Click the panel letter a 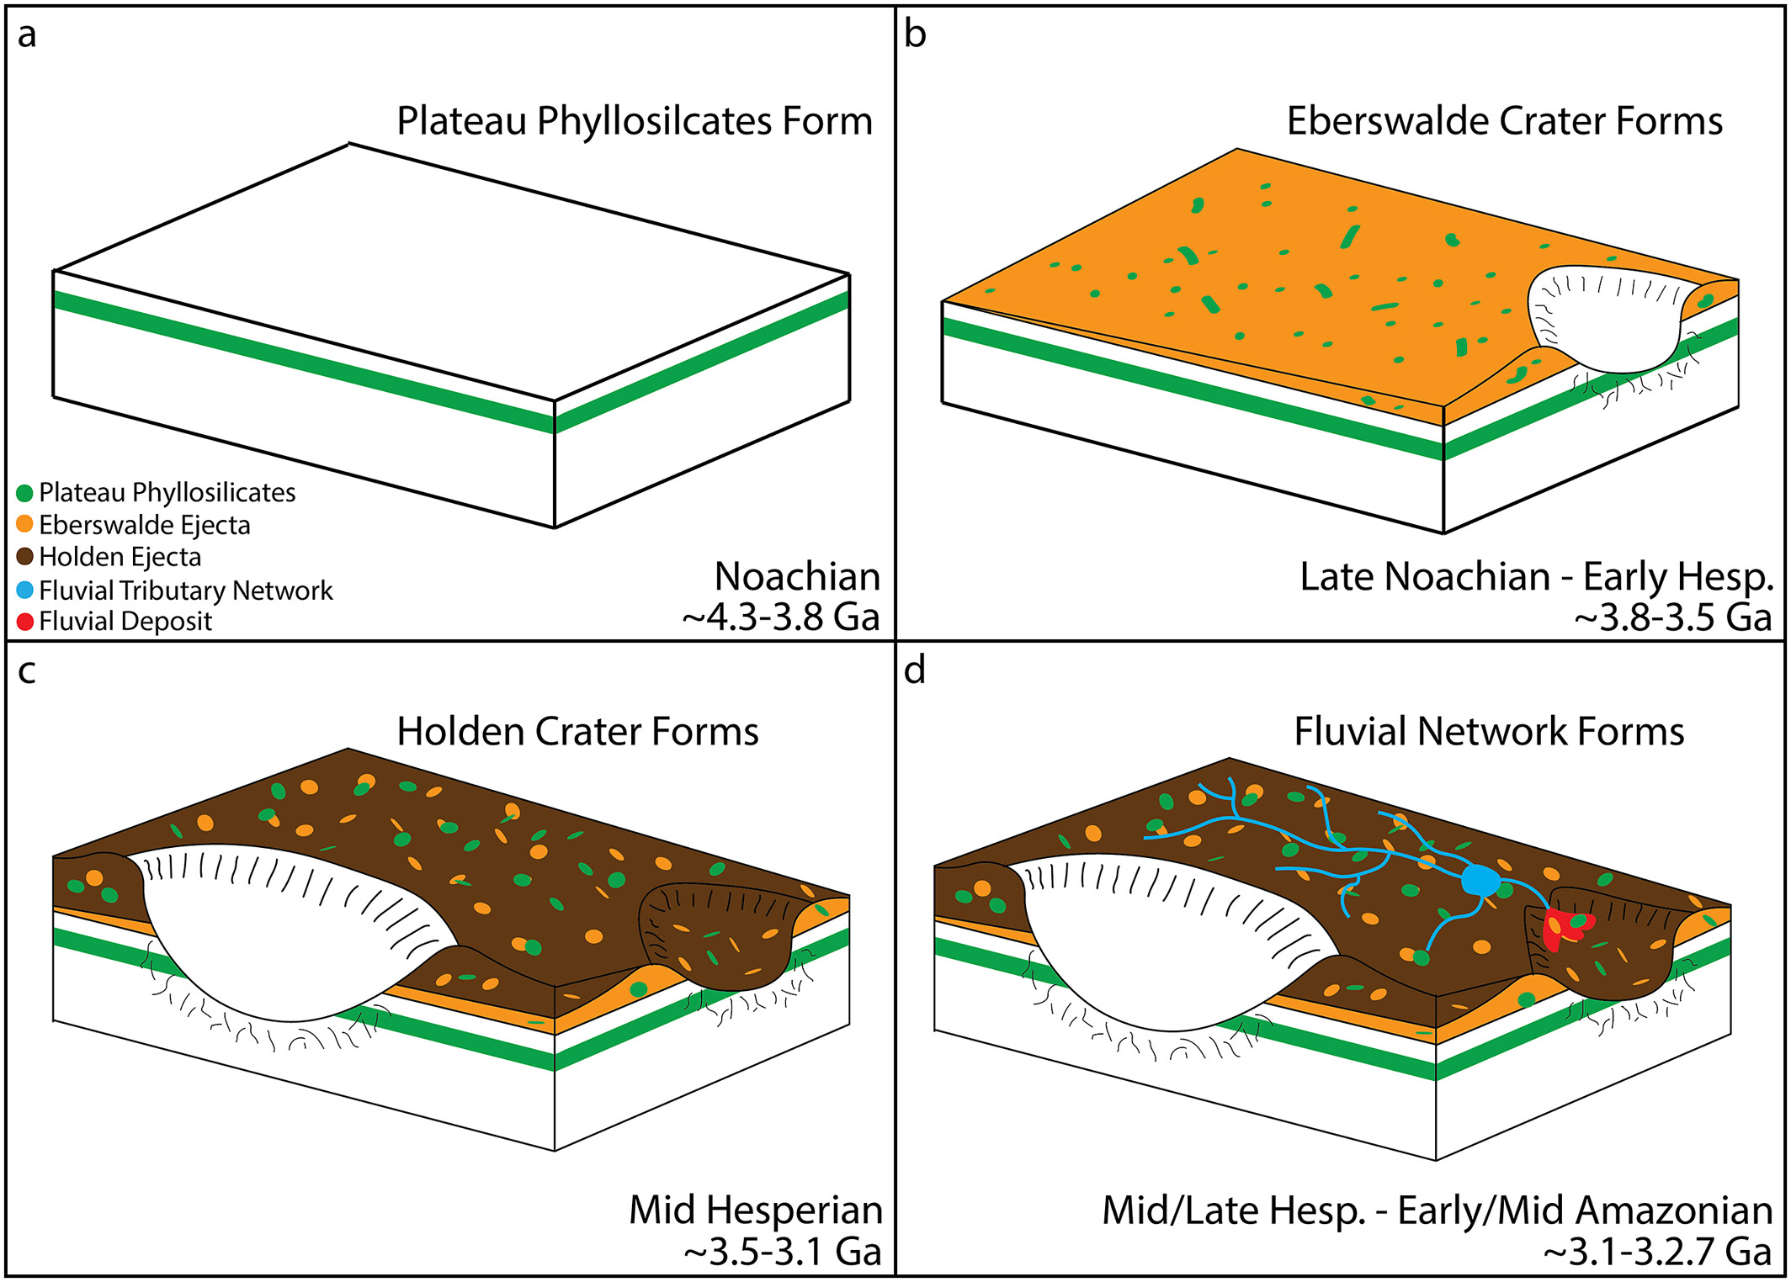[x=27, y=36]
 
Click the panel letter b [x=915, y=34]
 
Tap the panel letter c [x=27, y=672]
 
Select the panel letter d [x=915, y=670]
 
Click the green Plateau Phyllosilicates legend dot [x=25, y=493]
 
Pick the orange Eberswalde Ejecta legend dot [x=25, y=524]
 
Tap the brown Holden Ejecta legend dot [x=25, y=556]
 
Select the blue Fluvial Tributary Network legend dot [x=25, y=590]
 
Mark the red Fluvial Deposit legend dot [x=25, y=622]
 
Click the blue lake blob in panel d [x=1480, y=880]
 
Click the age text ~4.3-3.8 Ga [x=781, y=617]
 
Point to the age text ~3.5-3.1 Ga [x=783, y=1251]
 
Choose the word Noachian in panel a [x=797, y=577]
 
